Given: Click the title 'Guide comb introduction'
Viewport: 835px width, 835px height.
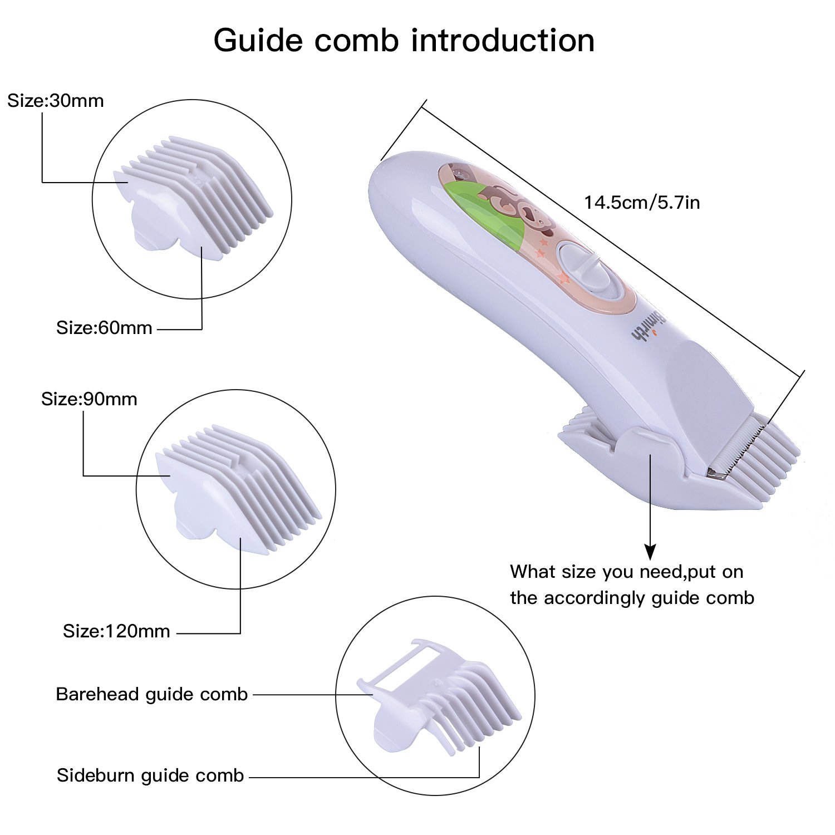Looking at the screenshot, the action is pos(404,41).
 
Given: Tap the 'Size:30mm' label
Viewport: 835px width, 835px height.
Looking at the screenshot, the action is pos(56,101).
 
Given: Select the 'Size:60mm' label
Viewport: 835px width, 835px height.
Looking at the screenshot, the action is pos(104,328).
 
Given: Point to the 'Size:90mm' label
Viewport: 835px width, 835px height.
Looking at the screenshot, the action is pos(89,399).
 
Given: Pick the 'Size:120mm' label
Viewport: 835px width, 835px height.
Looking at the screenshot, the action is pos(116,631).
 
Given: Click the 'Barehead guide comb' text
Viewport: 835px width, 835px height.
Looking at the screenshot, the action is pos(151,695).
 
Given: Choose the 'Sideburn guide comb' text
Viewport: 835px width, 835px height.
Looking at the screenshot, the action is pos(150,776).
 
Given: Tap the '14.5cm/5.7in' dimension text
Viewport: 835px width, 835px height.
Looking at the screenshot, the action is pos(642,202).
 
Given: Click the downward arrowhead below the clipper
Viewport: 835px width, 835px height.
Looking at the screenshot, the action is pos(650,552).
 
